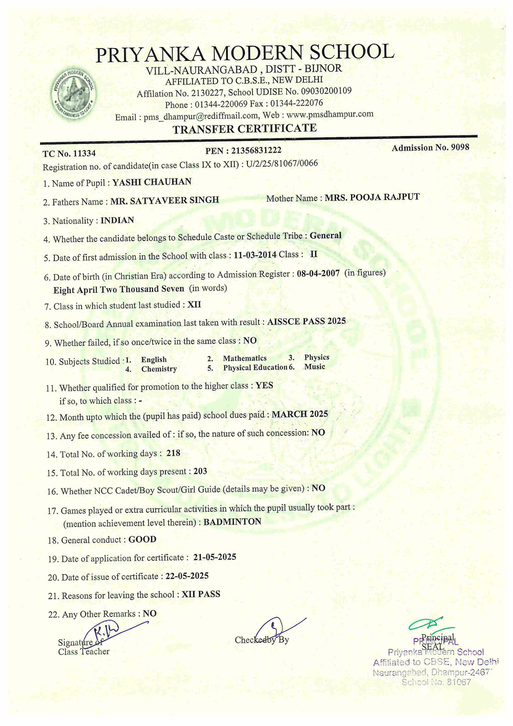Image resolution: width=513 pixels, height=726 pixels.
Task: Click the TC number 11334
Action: (x=84, y=153)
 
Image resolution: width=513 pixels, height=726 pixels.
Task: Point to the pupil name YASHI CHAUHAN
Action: (x=152, y=182)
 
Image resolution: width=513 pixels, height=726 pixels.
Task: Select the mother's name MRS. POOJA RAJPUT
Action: (x=372, y=197)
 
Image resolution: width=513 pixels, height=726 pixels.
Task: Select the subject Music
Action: (x=315, y=367)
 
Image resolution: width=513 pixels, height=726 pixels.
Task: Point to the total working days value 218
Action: (x=173, y=453)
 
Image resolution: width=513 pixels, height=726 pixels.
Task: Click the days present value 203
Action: (x=200, y=471)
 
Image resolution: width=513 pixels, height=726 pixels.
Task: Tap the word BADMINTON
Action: (x=232, y=522)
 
